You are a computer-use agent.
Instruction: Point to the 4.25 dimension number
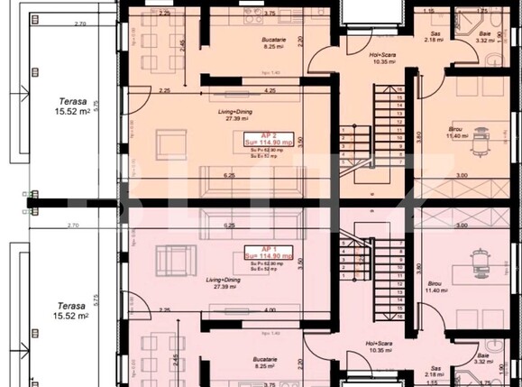(270, 91)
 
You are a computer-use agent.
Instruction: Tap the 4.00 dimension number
(270, 311)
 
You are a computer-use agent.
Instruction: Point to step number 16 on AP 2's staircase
(398, 89)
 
